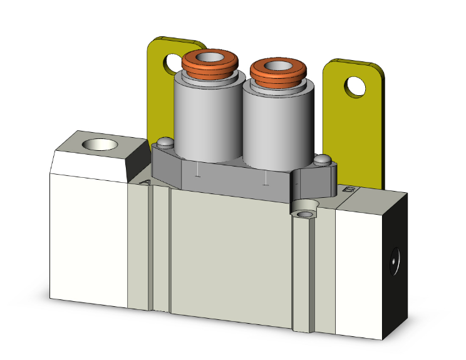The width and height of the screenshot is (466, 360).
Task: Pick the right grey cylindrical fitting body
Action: point(274,125)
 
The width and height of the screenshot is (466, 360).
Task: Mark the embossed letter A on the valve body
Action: point(145,182)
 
